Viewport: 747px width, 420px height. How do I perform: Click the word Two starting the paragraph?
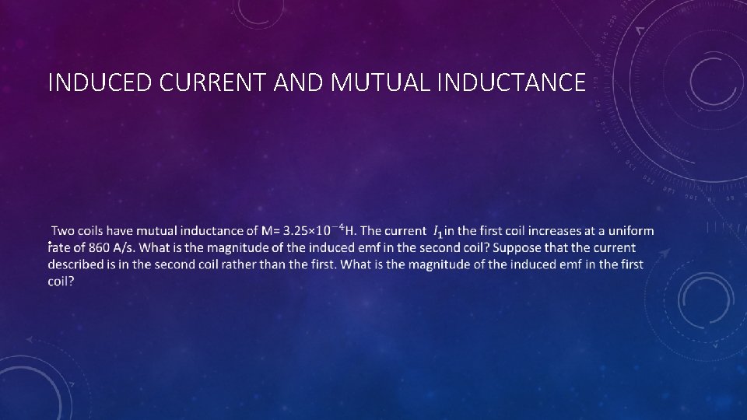tap(63, 231)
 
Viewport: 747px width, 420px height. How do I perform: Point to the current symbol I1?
tap(438, 232)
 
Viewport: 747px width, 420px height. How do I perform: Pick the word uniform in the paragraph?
tap(630, 231)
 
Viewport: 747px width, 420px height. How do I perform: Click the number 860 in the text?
tap(99, 248)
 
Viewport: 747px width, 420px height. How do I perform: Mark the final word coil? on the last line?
tap(61, 282)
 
